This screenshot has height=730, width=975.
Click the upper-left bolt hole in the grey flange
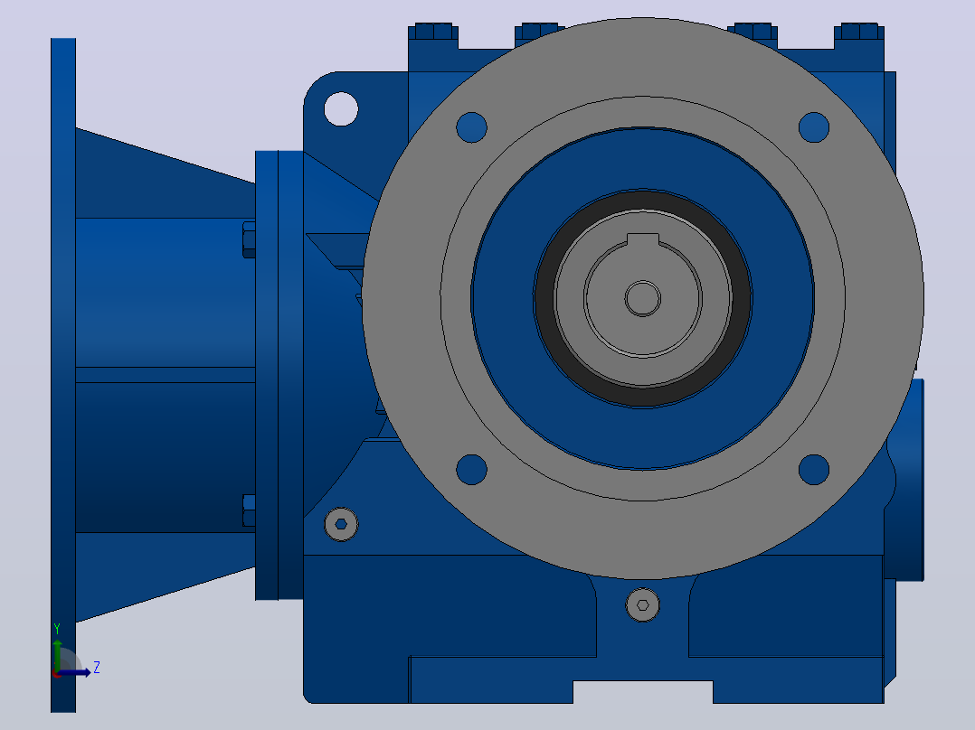point(471,127)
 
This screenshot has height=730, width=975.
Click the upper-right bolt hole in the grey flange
point(814,127)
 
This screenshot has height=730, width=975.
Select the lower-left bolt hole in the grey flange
point(471,469)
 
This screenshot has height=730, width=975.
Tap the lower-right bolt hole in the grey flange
point(814,469)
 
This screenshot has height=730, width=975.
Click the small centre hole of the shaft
point(643,298)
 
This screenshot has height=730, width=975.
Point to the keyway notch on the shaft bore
point(643,240)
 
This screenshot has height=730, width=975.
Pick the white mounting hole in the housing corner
point(341,108)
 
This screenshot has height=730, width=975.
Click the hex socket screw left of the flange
point(341,524)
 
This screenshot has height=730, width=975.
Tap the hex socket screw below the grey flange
point(643,604)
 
